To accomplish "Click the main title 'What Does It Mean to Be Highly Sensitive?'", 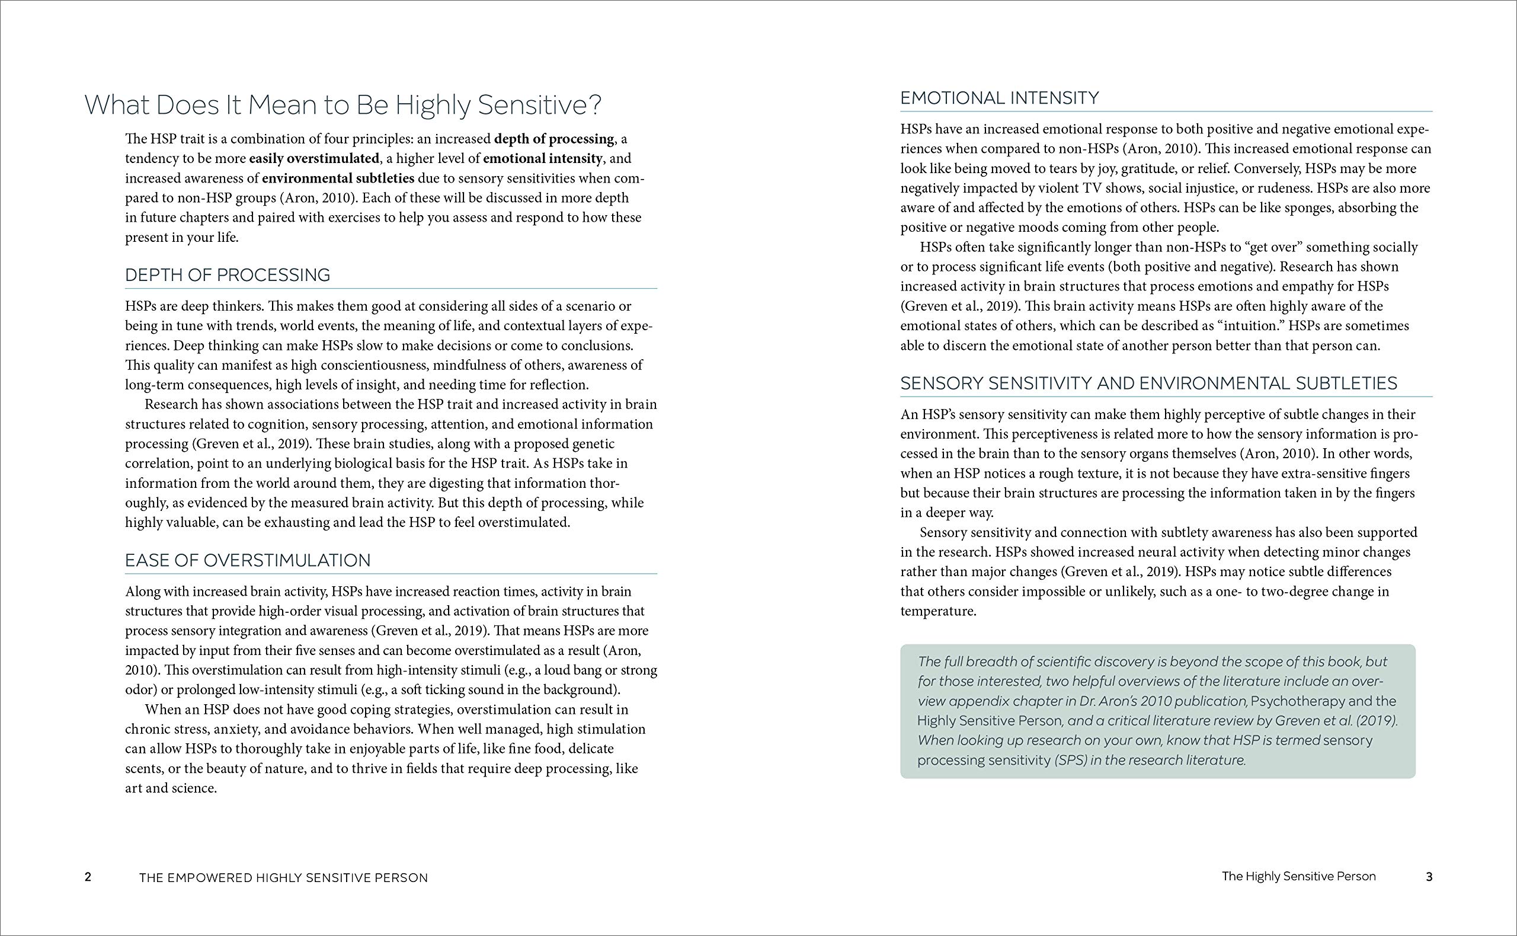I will (x=343, y=106).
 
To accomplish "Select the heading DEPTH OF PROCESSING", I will (x=228, y=276).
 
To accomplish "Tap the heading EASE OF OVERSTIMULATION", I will (x=248, y=561).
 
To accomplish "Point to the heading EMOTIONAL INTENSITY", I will (x=1000, y=98).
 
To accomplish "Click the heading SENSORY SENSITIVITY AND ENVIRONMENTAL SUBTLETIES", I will (x=1149, y=384).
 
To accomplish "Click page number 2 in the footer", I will (x=88, y=877).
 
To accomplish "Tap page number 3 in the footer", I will (x=1429, y=877).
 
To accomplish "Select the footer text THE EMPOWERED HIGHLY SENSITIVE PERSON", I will (x=283, y=878).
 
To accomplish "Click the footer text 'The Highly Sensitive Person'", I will (x=1298, y=877).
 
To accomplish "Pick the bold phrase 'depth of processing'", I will (x=553, y=139).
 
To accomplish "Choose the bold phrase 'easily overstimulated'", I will (x=313, y=158).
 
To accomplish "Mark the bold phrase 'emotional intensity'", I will (x=543, y=158).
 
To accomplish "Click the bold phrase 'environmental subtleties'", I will (x=338, y=178).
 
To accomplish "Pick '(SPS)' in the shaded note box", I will (x=1071, y=760).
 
